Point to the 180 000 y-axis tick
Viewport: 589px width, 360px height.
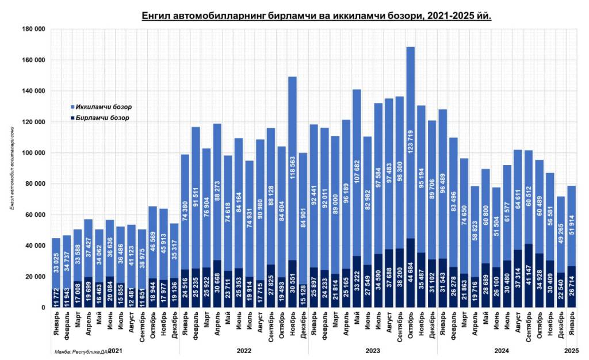[33, 29]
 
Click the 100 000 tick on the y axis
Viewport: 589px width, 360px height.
[33, 153]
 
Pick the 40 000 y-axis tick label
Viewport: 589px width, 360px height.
[35, 246]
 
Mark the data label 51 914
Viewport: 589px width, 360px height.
[572, 225]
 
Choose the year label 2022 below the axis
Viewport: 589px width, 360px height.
[244, 350]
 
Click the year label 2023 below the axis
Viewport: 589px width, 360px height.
[373, 350]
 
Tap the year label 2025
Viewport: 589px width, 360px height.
[572, 350]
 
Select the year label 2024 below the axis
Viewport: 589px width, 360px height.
[502, 350]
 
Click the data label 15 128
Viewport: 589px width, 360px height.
[303, 294]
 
